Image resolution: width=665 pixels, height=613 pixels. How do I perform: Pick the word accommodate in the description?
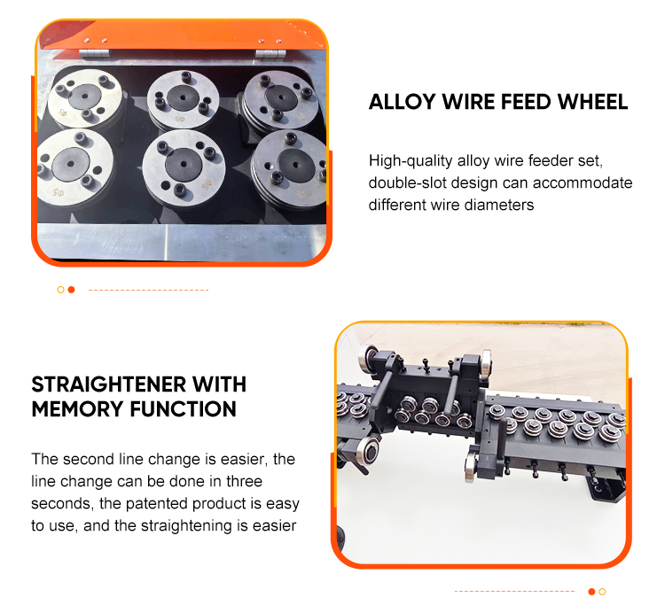(x=583, y=182)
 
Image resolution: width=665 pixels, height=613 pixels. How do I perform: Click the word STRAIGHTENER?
(x=109, y=384)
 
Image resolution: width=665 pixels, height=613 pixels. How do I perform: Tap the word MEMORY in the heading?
(x=78, y=409)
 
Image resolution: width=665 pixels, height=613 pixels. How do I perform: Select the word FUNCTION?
(x=184, y=409)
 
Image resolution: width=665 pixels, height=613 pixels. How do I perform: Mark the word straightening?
(x=186, y=525)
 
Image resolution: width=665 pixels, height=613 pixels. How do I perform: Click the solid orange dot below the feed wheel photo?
(x=71, y=290)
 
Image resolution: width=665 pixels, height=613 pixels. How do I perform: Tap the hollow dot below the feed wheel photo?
(x=60, y=290)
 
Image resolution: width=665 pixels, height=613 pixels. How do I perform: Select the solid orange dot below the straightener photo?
(x=591, y=592)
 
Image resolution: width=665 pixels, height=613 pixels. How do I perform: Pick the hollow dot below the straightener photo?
(x=602, y=592)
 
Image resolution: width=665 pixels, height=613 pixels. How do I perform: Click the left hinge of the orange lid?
(x=94, y=53)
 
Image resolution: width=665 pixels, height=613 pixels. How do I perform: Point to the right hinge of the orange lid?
(x=270, y=54)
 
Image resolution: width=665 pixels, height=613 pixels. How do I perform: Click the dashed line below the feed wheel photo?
(x=148, y=291)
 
